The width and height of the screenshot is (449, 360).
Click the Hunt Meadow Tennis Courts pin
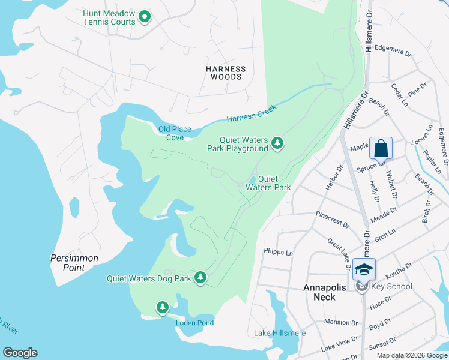point(145,17)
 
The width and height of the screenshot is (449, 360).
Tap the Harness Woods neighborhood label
point(226,73)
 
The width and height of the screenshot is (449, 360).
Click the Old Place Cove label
point(170,133)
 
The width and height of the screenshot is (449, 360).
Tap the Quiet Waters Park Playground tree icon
point(277,143)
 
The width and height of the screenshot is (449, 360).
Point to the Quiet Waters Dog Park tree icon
point(200,278)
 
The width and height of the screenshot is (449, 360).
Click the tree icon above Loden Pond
point(162,308)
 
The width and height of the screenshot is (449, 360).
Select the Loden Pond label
point(194,323)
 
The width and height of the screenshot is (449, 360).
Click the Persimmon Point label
point(74,263)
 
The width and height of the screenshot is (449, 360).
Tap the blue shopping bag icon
point(381,148)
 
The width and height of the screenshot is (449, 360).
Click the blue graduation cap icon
point(364,269)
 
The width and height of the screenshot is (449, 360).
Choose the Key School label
point(391,286)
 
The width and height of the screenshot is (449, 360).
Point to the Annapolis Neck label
point(325,292)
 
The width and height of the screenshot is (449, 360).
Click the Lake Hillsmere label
point(280,333)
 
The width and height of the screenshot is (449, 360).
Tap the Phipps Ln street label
point(278,253)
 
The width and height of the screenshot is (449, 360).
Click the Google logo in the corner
point(20,353)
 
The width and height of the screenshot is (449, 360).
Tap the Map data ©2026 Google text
point(411,355)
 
